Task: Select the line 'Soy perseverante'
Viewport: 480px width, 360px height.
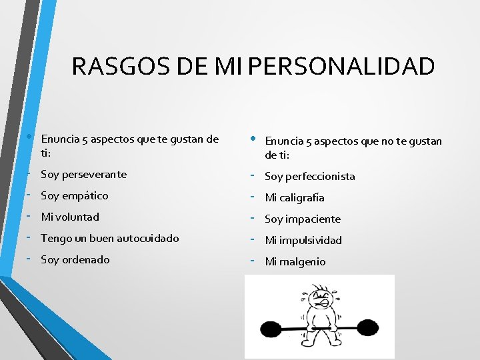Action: click(x=83, y=175)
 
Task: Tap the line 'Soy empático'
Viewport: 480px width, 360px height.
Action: click(x=74, y=196)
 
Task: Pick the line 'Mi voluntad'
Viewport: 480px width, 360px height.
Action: click(x=70, y=217)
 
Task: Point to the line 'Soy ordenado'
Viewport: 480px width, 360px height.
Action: click(x=75, y=260)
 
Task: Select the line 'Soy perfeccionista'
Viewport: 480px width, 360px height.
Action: click(x=309, y=177)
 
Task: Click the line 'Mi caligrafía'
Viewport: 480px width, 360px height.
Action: click(x=295, y=198)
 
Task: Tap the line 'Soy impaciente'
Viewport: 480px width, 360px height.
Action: click(x=303, y=219)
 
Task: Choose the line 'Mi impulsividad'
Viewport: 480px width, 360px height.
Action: click(x=303, y=241)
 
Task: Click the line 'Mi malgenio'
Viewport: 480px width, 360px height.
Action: click(x=295, y=262)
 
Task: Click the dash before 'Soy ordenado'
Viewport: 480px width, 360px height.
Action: click(x=31, y=259)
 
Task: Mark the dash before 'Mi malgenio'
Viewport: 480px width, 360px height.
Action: click(x=255, y=261)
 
